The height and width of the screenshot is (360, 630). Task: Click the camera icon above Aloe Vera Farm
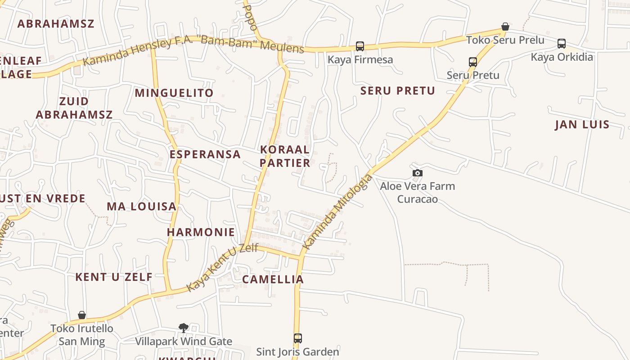[x=418, y=173]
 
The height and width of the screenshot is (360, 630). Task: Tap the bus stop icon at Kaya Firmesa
[x=360, y=46]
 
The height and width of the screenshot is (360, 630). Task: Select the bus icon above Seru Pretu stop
[x=473, y=62]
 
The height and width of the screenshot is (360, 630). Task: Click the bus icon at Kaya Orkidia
[x=562, y=44]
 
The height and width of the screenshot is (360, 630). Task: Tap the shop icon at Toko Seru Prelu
[x=505, y=27]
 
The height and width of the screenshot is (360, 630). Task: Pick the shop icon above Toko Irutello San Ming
[x=82, y=315]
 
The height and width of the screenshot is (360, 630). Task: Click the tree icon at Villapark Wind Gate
[x=183, y=328]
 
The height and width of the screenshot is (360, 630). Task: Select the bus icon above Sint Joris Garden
[x=297, y=338]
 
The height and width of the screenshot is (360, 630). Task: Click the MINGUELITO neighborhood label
[x=174, y=93]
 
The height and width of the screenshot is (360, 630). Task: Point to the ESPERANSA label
[x=205, y=154]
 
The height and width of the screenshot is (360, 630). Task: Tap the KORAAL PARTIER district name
[x=285, y=156]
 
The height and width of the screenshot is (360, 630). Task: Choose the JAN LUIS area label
[x=582, y=125]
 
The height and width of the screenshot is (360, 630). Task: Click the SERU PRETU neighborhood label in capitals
[x=398, y=91]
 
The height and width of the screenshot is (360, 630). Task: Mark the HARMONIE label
[x=201, y=232]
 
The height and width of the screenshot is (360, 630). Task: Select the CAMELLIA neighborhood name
[x=273, y=279]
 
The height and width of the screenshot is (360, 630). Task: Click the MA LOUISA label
[x=141, y=207]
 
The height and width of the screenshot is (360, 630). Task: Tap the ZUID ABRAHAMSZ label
[x=74, y=108]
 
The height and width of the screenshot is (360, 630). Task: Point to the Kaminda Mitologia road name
[x=337, y=212]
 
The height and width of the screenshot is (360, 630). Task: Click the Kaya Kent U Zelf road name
[x=222, y=267]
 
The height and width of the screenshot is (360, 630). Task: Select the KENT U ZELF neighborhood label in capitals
[x=114, y=277]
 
